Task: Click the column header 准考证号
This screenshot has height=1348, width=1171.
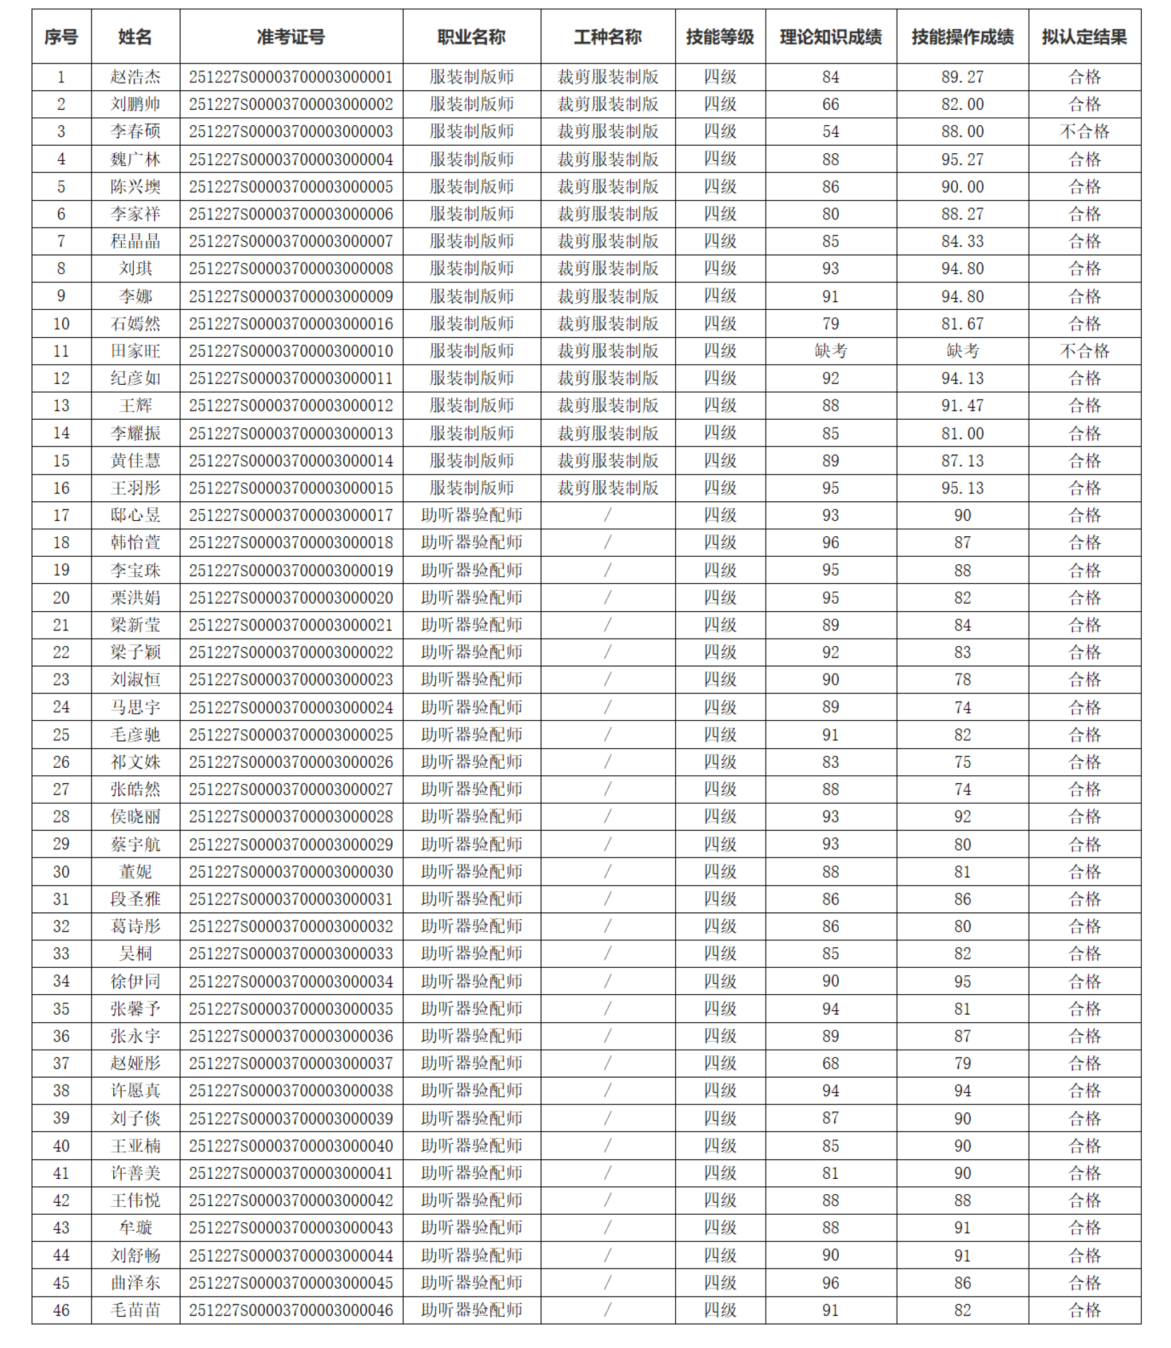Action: tap(291, 37)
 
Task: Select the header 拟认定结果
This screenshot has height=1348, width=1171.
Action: tap(1084, 37)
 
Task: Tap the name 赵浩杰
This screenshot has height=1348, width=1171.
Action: tap(136, 77)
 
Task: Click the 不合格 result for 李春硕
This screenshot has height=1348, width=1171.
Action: tap(1084, 131)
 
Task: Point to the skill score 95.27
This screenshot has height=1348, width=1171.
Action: tap(962, 159)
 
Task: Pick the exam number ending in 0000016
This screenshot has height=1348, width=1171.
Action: tap(291, 324)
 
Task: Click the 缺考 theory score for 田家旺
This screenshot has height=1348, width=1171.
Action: tap(831, 351)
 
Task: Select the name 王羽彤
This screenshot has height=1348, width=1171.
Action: tap(136, 488)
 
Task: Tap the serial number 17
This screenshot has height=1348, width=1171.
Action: tap(61, 516)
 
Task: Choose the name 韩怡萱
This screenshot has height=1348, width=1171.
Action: tap(136, 543)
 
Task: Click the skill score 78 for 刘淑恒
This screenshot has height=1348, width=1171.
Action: tap(962, 680)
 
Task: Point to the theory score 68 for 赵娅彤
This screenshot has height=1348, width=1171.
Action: tap(831, 1063)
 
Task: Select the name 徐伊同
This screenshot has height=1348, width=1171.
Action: tap(136, 981)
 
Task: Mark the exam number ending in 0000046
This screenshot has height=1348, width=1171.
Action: tap(291, 1310)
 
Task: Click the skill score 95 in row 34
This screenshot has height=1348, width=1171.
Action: tap(962, 981)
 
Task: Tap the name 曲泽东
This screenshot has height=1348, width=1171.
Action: tap(136, 1283)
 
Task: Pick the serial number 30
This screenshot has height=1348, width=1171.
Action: tap(61, 872)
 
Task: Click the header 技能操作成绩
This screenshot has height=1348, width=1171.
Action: tap(962, 37)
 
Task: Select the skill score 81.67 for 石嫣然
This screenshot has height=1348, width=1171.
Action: tap(962, 324)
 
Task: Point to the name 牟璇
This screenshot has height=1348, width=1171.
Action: tap(136, 1228)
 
